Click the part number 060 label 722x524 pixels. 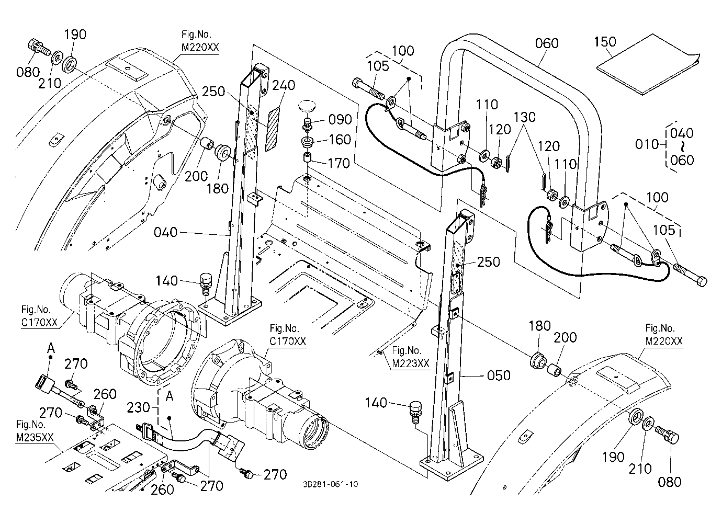click(547, 43)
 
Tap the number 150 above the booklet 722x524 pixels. click(605, 41)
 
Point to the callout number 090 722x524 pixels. click(340, 120)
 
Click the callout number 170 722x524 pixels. click(339, 163)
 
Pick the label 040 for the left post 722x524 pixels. click(166, 232)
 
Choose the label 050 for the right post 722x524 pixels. click(499, 375)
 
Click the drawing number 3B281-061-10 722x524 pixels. click(330, 484)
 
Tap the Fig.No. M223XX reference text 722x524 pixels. click(411, 357)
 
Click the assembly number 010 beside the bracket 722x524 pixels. click(647, 144)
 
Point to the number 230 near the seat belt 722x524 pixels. click(138, 408)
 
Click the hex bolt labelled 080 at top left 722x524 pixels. click(38, 49)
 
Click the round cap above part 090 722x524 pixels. click(306, 106)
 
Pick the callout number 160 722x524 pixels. click(340, 140)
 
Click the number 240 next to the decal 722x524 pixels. click(284, 85)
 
